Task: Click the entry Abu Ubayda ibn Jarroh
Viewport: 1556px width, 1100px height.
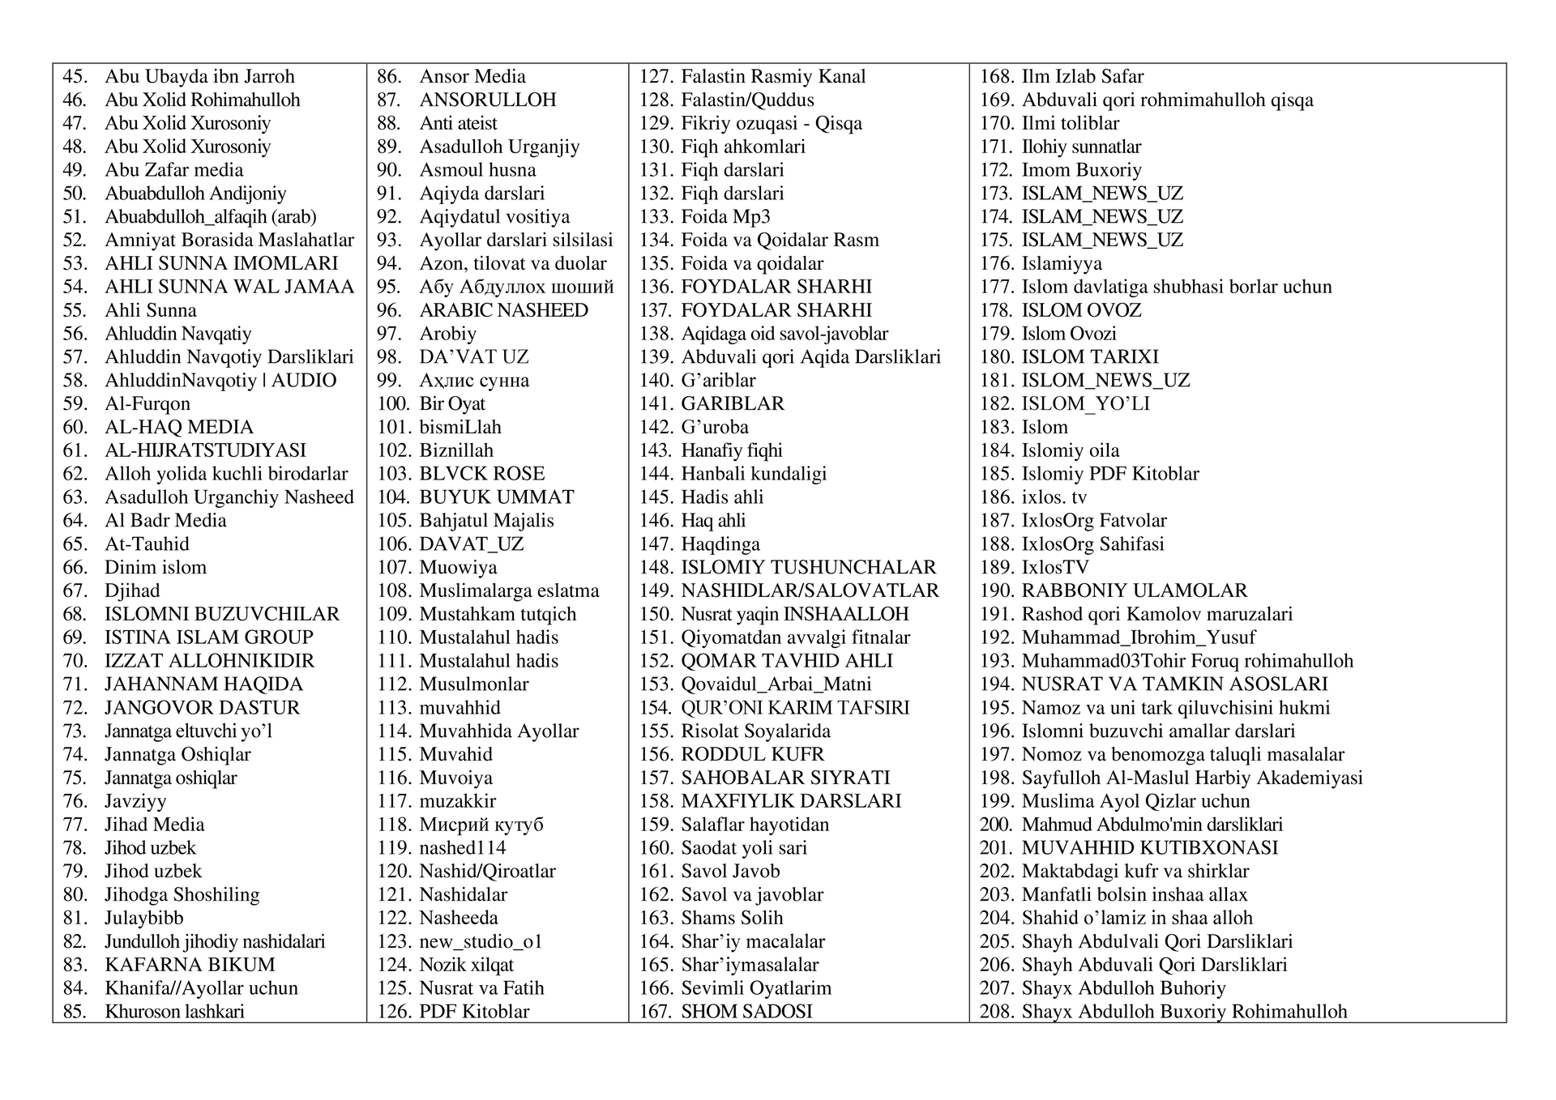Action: (199, 77)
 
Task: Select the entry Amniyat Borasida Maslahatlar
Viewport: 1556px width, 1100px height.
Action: (229, 241)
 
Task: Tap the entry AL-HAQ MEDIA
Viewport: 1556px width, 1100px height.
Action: (179, 428)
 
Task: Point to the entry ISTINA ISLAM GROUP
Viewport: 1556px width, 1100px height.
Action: (209, 637)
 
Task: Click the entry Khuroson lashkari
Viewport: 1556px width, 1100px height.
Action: (174, 1012)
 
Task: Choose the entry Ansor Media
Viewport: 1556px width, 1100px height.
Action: (472, 77)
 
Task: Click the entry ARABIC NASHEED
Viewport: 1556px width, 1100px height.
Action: (503, 310)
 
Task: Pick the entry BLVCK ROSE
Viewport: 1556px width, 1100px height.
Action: (482, 474)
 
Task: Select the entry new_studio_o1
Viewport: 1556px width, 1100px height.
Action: (481, 941)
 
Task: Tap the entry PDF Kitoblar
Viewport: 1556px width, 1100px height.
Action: (474, 1012)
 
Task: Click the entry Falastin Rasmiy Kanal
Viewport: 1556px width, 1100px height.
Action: (773, 77)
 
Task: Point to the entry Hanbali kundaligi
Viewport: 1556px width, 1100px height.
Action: (754, 474)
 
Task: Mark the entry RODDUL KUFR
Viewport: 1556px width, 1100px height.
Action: (752, 755)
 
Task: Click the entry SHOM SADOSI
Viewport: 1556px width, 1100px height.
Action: (746, 1012)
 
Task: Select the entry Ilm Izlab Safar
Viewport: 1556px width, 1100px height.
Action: (1083, 77)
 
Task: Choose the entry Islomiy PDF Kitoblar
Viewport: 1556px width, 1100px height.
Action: (1110, 474)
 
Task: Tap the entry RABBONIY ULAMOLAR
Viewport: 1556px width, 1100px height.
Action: (1135, 591)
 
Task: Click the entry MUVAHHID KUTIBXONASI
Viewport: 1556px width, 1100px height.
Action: (1150, 848)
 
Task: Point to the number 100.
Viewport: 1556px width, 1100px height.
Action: (393, 404)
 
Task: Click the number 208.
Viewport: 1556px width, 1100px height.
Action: (996, 1012)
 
